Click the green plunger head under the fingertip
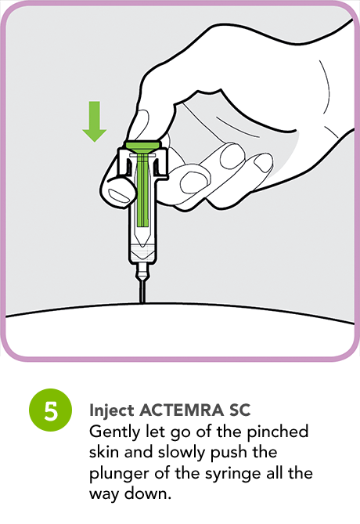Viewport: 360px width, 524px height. (142, 146)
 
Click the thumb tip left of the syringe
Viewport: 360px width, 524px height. (118, 189)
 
